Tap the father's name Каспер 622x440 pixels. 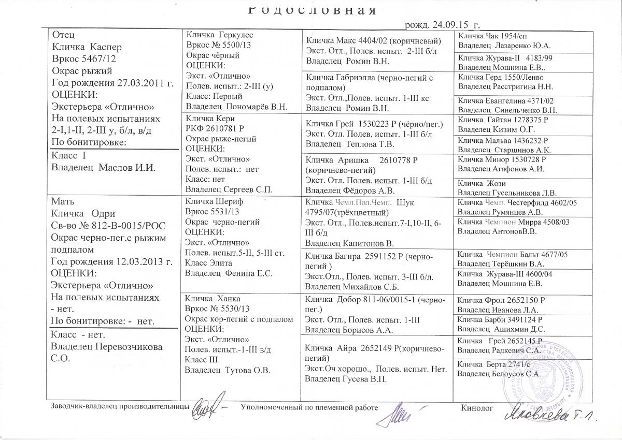[x=106, y=46]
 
